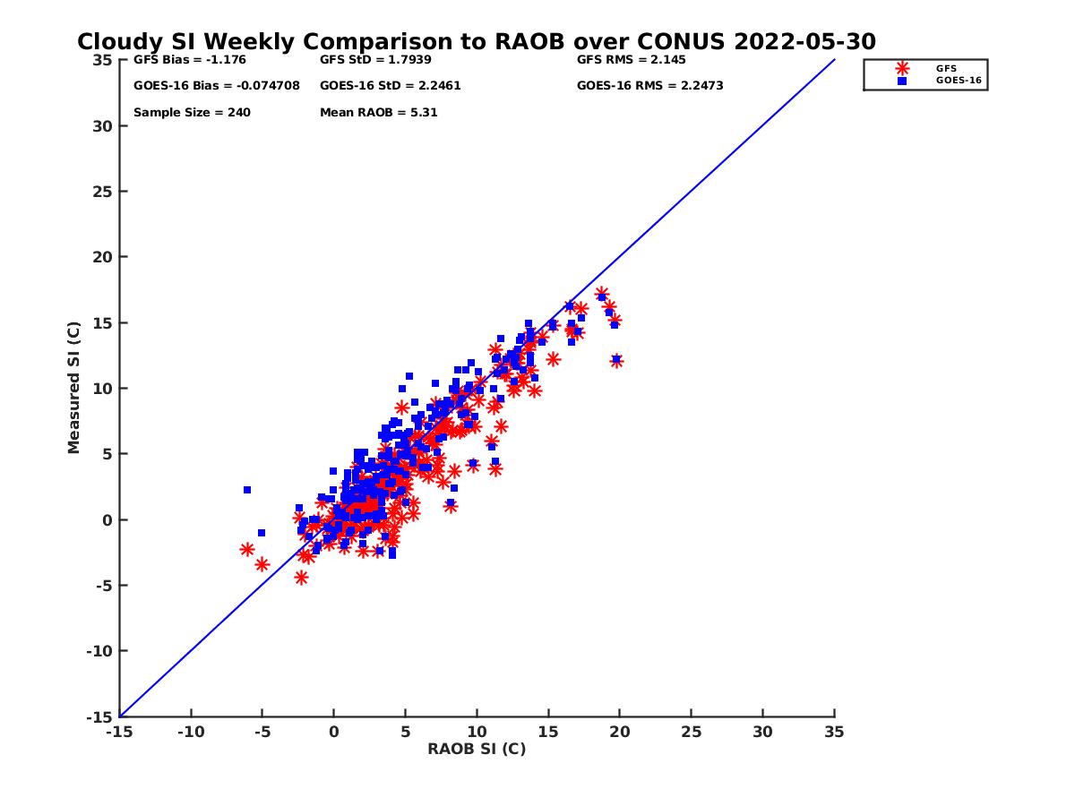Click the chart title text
[476, 42]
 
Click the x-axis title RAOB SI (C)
[477, 749]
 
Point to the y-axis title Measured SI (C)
[74, 388]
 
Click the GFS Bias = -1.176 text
[189, 60]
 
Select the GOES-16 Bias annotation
[216, 86]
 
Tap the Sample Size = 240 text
[192, 113]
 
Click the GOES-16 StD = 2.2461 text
[390, 86]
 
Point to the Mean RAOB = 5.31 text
[378, 113]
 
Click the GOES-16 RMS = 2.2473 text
[649, 86]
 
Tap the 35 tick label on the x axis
[834, 732]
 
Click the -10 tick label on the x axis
[190, 732]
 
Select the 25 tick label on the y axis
[103, 192]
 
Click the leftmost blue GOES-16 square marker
[247, 490]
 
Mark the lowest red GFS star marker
[301, 578]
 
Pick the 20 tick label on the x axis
[619, 732]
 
